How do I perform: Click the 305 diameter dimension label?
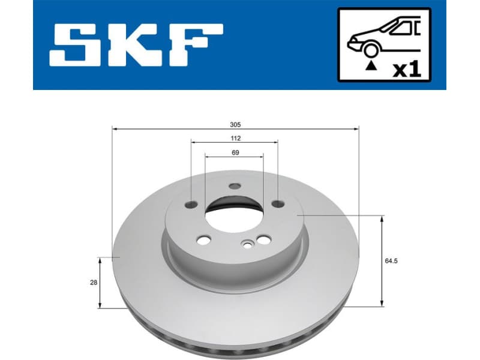click(x=235, y=124)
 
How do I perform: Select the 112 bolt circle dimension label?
click(x=235, y=138)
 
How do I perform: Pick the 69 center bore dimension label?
click(x=235, y=152)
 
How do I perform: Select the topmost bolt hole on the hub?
click(x=235, y=186)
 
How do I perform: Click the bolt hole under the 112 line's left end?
click(x=191, y=204)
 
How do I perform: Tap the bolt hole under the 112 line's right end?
click(x=277, y=203)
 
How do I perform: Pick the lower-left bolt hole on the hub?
click(x=204, y=240)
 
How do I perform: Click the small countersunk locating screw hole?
click(x=247, y=244)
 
